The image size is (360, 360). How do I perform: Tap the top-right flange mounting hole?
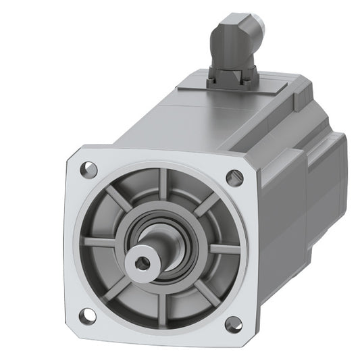pos(234,178)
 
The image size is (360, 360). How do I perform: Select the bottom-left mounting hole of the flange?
pos(88,315)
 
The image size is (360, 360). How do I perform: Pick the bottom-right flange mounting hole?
pos(232,324)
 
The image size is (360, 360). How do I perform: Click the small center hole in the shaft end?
pos(143,260)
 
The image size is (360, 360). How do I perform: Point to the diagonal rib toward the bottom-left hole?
pos(122,283)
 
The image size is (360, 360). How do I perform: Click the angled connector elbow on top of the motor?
pos(233,41)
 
